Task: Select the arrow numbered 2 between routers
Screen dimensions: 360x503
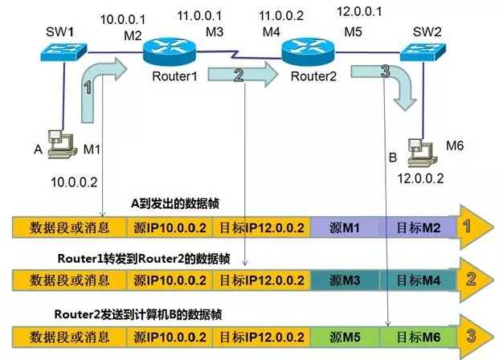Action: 240,76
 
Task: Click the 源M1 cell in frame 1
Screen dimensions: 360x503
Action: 344,228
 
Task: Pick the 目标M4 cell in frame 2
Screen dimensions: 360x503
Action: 415,280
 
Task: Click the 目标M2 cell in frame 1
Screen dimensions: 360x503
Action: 415,228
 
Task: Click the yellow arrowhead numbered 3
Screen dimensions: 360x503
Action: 474,333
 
